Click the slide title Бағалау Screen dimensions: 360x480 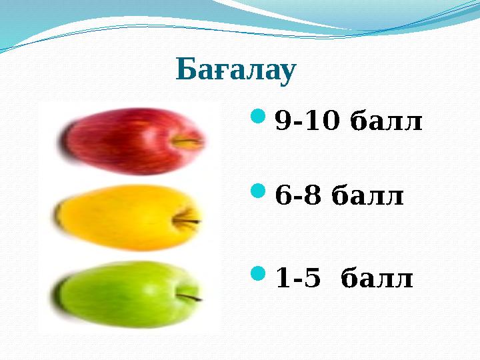235,71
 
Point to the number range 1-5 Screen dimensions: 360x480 297,278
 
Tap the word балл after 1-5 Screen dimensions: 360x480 377,278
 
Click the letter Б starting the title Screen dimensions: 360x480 185,71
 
